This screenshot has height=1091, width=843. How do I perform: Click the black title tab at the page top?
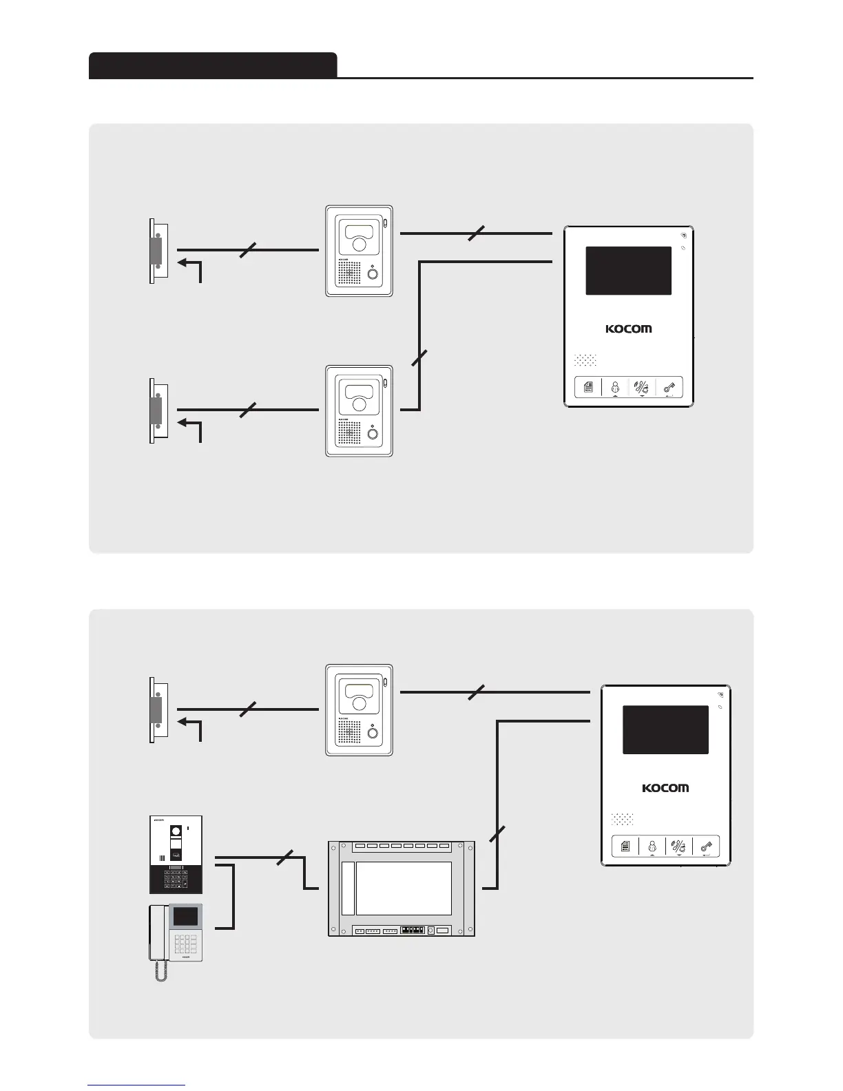click(x=213, y=65)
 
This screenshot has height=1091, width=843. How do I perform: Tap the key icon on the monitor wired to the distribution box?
click(x=706, y=847)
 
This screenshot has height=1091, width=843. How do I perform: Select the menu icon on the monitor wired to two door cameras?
click(x=589, y=388)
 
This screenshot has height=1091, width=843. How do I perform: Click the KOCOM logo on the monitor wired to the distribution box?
click(x=665, y=787)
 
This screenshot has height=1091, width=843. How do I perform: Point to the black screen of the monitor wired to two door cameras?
click(x=628, y=271)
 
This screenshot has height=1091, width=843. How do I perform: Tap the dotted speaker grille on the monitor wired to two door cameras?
click(x=585, y=360)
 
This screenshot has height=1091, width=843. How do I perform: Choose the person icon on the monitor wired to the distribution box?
click(x=652, y=847)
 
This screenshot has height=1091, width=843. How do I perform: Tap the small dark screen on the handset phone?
click(x=184, y=917)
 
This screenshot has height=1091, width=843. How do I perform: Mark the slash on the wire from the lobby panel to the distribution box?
click(x=284, y=859)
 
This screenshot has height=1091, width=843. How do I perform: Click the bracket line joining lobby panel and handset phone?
click(x=235, y=895)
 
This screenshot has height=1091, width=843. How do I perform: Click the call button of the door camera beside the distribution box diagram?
click(x=373, y=733)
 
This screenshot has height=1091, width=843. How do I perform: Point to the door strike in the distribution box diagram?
click(x=157, y=709)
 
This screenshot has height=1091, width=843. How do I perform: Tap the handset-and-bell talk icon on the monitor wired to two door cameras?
click(x=642, y=388)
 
